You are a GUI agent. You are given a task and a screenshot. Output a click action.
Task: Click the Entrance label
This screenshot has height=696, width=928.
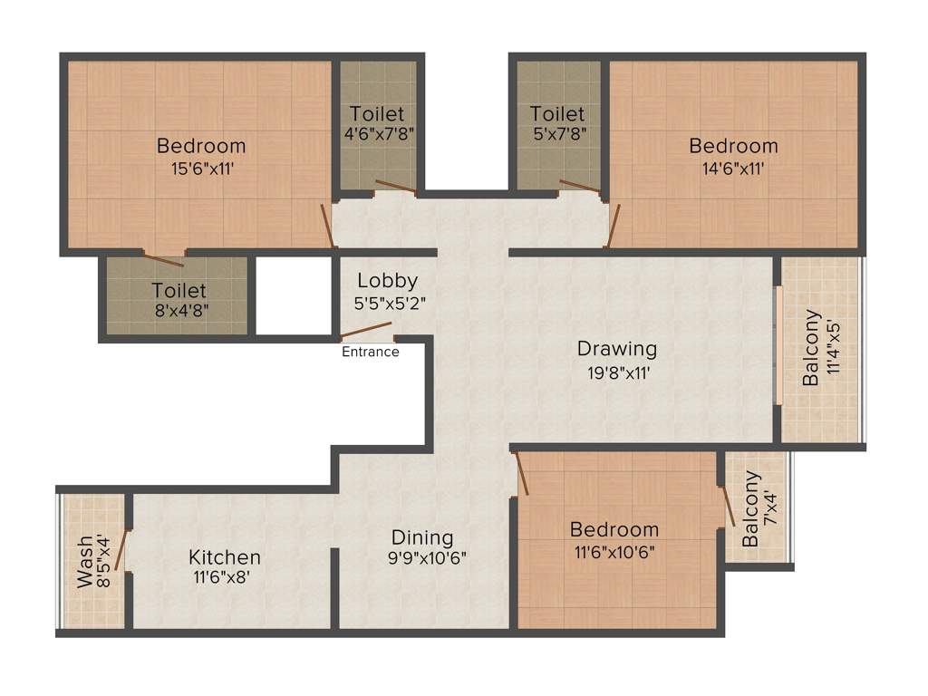pyautogui.click(x=370, y=352)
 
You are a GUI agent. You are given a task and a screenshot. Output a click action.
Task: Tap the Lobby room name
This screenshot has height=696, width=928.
pyautogui.click(x=387, y=280)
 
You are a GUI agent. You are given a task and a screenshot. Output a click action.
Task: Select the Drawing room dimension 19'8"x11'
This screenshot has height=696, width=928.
pyautogui.click(x=616, y=371)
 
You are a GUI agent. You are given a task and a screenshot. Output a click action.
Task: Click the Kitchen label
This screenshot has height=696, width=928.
pyautogui.click(x=225, y=557)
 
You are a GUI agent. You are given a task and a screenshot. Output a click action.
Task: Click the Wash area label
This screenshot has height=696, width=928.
pyautogui.click(x=84, y=562)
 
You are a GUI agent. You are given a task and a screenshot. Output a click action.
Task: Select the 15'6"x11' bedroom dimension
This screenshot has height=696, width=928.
pyautogui.click(x=201, y=168)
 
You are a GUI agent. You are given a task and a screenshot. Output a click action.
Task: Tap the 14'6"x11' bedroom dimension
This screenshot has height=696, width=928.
pyautogui.click(x=733, y=168)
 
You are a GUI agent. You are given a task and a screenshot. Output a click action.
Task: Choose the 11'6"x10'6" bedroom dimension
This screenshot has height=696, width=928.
pyautogui.click(x=614, y=551)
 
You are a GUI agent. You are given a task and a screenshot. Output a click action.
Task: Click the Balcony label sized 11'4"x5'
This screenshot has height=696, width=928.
pyautogui.click(x=812, y=349)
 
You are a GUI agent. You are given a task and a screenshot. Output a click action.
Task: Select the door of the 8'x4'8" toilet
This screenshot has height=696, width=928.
pyautogui.click(x=164, y=259)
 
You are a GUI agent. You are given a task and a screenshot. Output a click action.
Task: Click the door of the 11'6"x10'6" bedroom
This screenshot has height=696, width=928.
pyautogui.click(x=521, y=474)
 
